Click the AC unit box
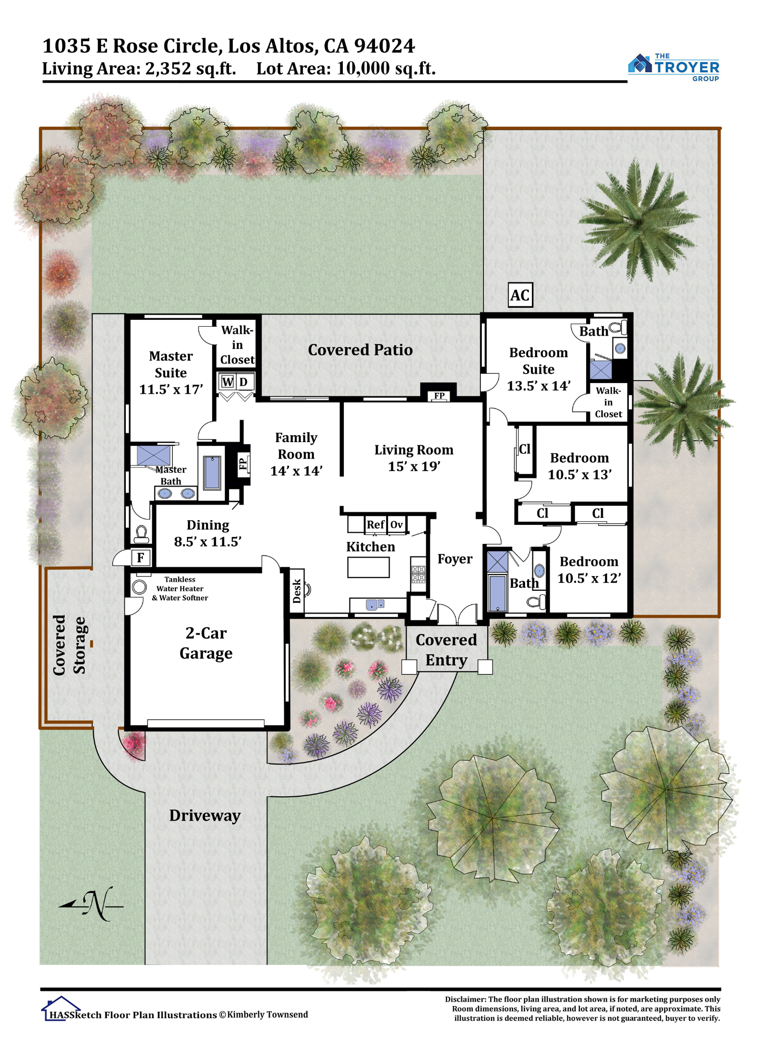520,295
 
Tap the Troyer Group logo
674,67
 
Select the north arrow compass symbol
91,904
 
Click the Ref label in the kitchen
375,524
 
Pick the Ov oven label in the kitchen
397,524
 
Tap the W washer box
227,382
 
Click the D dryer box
244,382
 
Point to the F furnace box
141,558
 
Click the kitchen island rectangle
369,568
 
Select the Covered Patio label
360,350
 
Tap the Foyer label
455,559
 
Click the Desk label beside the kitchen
297,591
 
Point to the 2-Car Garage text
206,643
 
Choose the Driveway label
205,816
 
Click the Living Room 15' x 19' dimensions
414,466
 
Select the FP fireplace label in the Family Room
243,464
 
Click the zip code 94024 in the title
385,46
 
